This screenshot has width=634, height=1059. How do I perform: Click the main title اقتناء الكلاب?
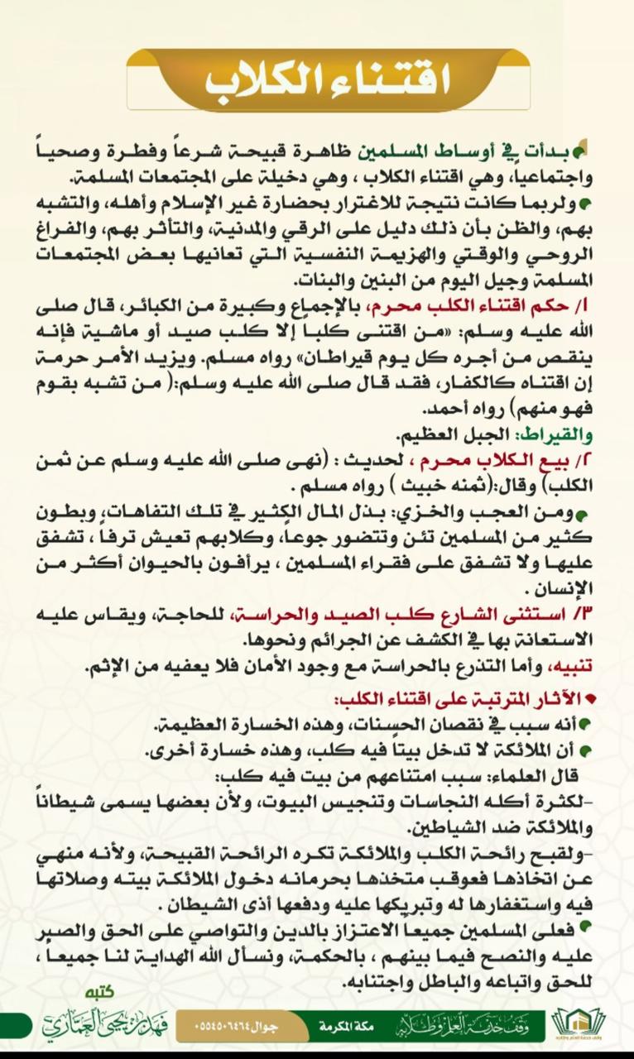click(328, 79)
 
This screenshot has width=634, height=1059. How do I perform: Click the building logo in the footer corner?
click(579, 1023)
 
